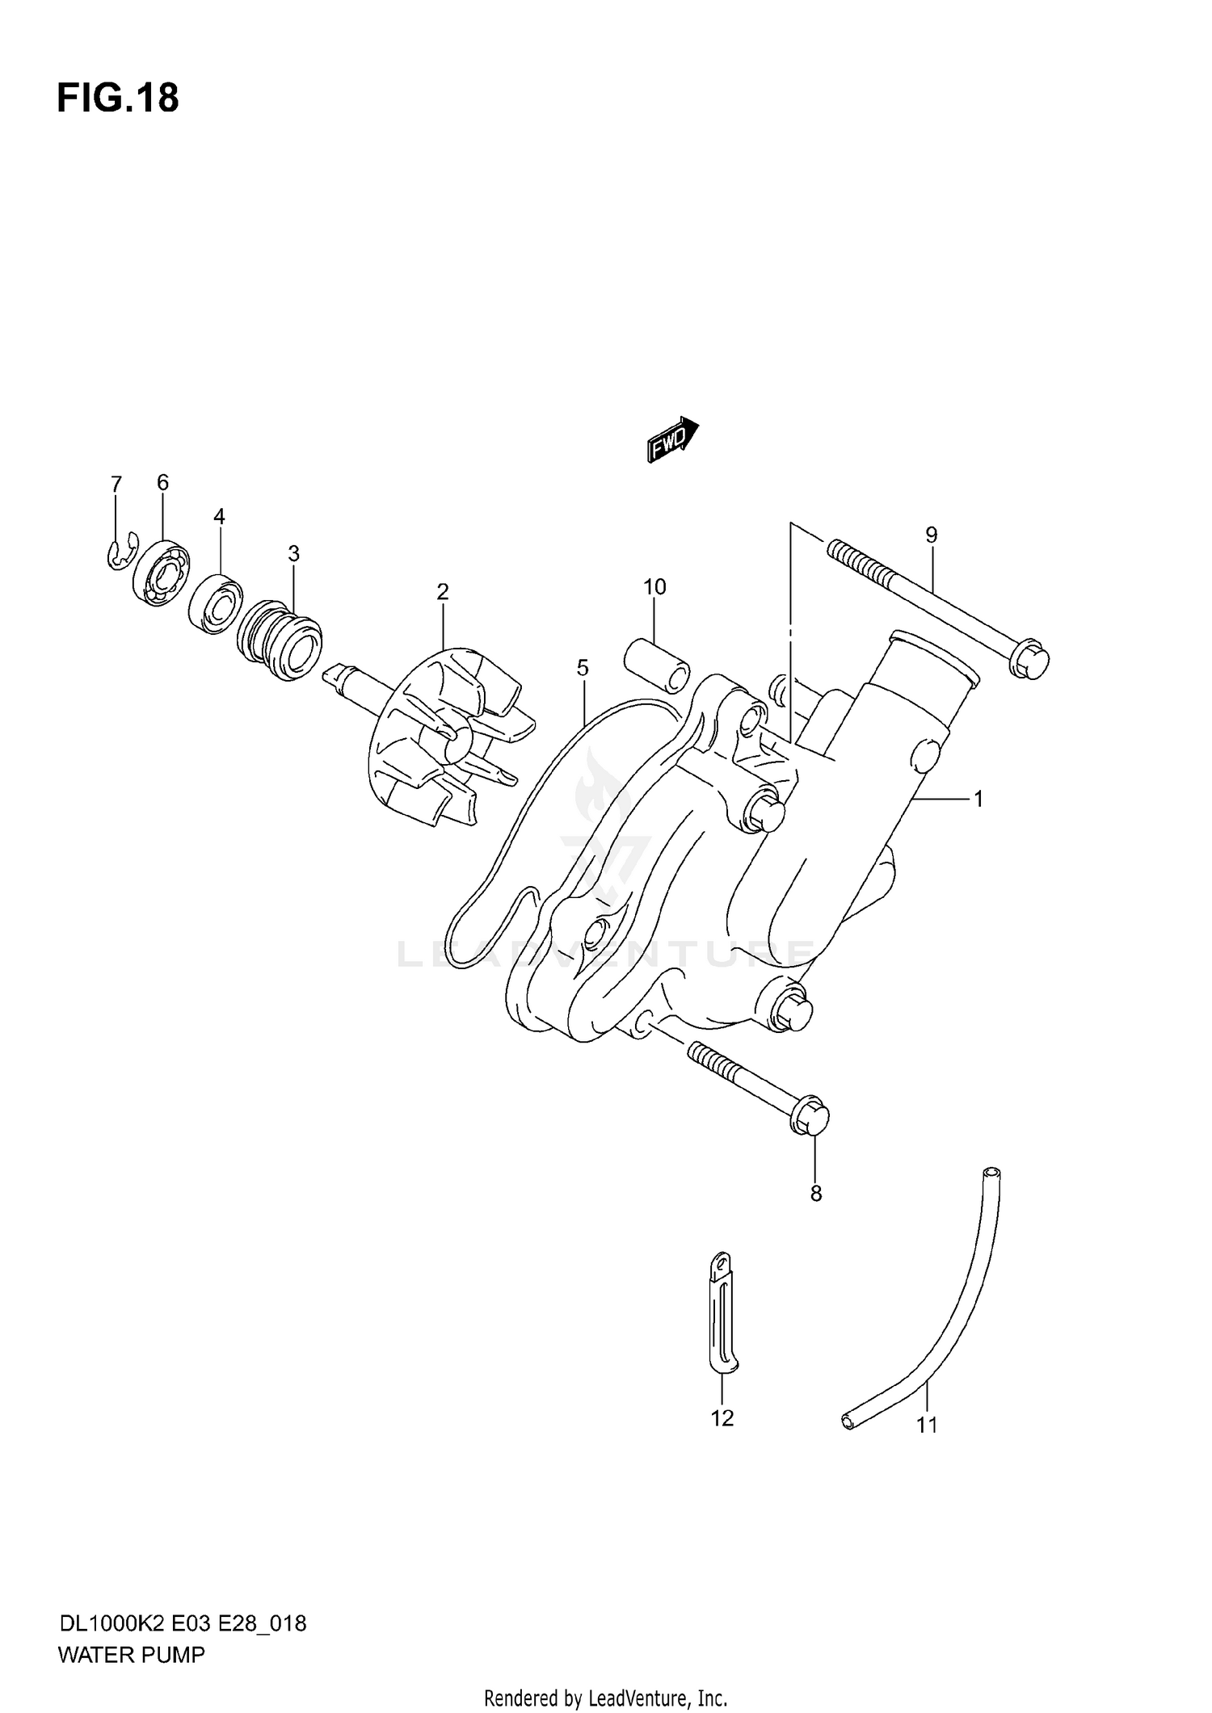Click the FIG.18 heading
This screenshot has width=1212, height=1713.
[118, 99]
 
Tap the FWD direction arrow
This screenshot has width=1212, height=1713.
[672, 439]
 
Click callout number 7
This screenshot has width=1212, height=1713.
[116, 484]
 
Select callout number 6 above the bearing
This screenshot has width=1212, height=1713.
[162, 482]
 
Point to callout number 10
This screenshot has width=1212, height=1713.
[654, 587]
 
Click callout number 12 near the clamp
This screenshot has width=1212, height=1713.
[722, 1417]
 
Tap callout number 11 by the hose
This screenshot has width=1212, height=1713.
[927, 1425]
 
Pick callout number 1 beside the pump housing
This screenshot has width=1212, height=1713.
[978, 799]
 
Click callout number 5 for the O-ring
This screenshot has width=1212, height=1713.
[583, 668]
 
